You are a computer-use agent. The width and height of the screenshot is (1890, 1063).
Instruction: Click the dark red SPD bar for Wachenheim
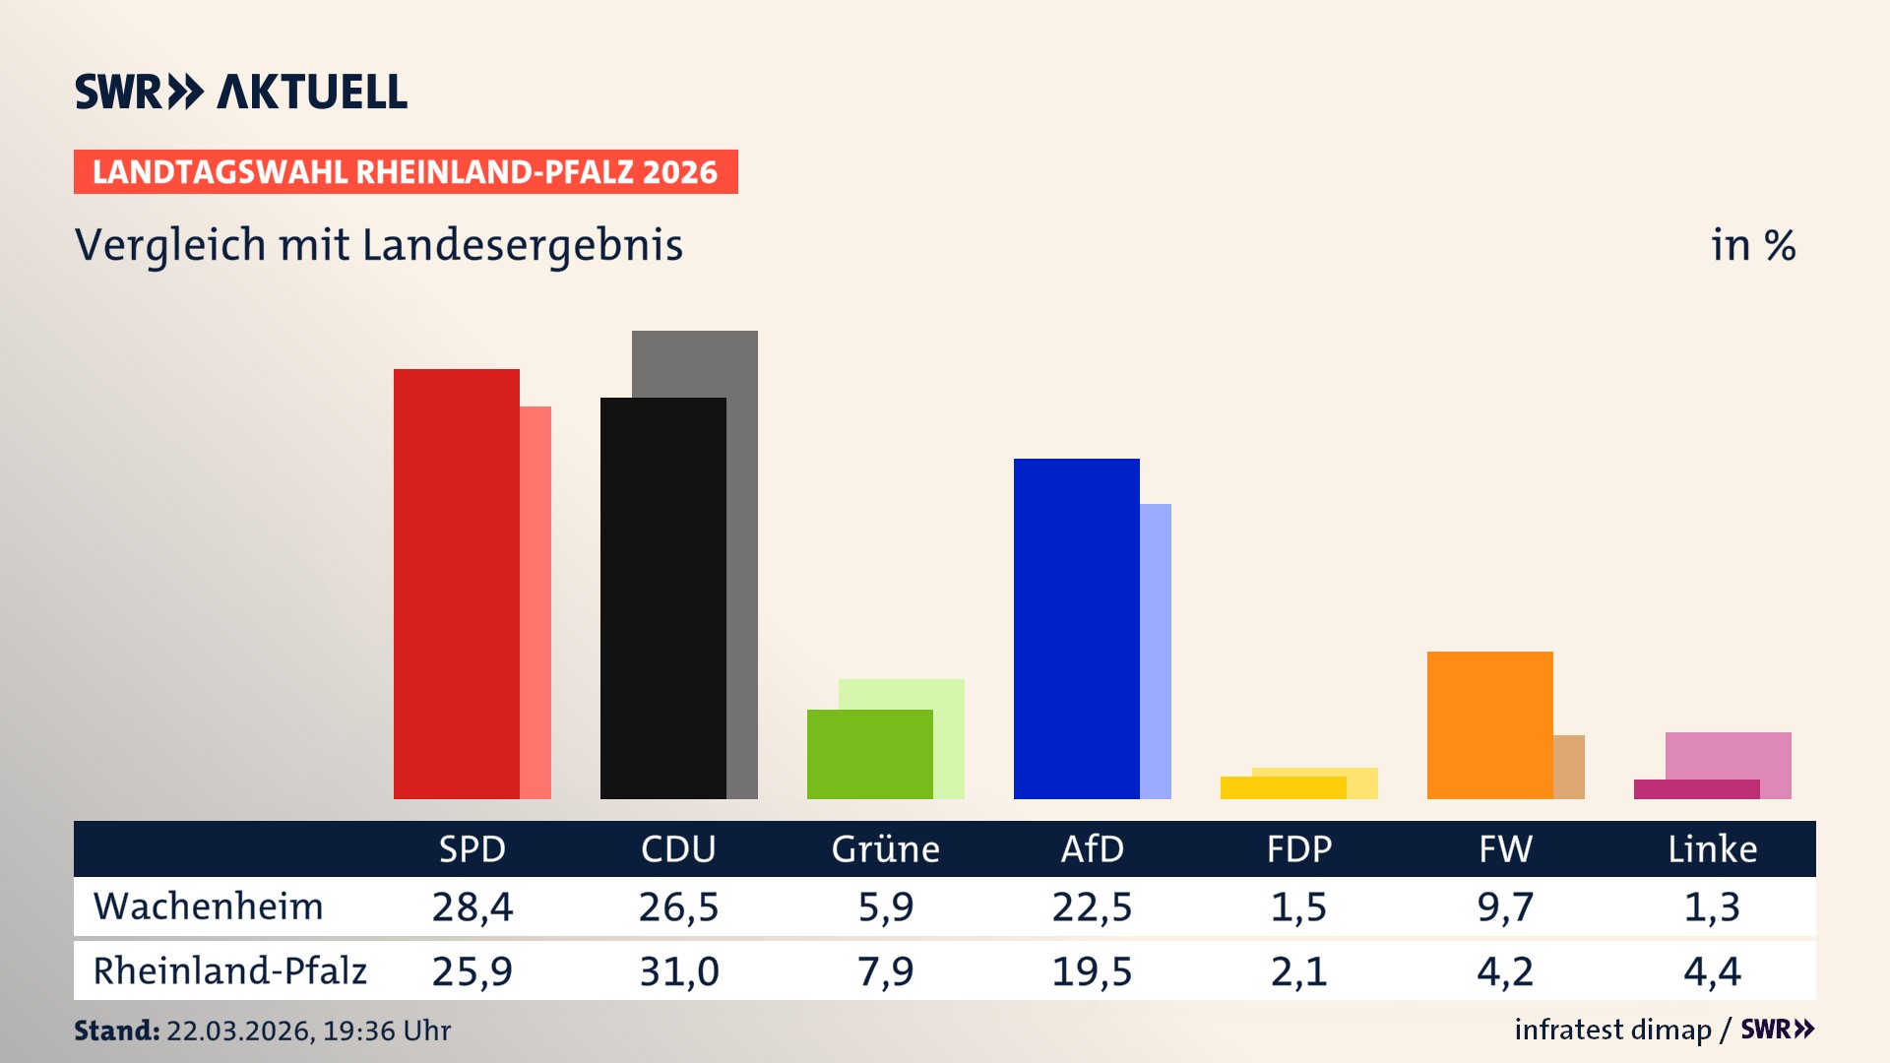(x=456, y=584)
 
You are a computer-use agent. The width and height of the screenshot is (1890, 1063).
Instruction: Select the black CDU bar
(x=662, y=598)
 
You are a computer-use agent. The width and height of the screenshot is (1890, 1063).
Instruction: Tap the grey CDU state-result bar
(x=742, y=561)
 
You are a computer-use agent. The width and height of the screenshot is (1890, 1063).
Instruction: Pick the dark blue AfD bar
(x=1076, y=629)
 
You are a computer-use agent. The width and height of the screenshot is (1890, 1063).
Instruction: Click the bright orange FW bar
(x=1489, y=725)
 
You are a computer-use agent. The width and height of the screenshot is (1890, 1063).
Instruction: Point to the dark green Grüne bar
(x=869, y=754)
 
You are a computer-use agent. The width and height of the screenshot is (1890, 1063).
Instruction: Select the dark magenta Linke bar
(x=1696, y=789)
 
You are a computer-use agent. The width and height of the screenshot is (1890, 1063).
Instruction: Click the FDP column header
(x=1298, y=849)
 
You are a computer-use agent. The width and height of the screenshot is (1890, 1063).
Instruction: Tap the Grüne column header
(x=885, y=849)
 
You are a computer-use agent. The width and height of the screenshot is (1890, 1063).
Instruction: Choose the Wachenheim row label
(x=208, y=907)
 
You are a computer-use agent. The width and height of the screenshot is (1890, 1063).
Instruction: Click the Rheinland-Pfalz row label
(x=229, y=971)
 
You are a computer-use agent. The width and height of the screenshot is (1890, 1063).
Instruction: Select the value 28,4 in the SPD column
(x=472, y=907)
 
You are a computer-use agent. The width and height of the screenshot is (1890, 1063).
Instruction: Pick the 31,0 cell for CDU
(x=678, y=971)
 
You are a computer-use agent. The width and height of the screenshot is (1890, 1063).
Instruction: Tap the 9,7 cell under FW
(x=1505, y=907)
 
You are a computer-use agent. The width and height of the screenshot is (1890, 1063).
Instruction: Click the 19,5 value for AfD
(x=1092, y=971)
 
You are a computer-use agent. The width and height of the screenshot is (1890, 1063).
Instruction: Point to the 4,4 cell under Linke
(x=1712, y=971)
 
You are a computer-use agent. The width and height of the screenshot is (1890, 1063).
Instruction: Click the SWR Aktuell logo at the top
(x=241, y=92)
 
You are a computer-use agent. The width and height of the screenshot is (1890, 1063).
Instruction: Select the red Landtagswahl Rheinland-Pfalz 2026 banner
(x=406, y=172)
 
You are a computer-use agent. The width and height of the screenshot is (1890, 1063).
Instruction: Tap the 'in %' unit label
(x=1753, y=245)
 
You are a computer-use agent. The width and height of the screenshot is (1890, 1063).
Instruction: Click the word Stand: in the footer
(x=116, y=1031)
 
